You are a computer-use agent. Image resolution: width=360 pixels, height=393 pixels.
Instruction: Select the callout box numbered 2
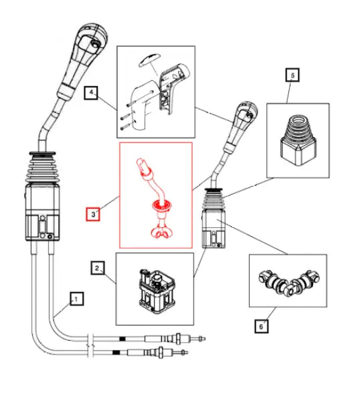click(x=97, y=268)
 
